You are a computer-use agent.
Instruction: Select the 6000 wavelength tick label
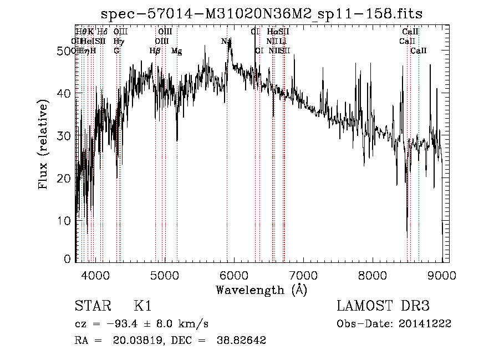[x=233, y=275]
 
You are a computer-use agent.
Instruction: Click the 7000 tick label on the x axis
[x=303, y=275]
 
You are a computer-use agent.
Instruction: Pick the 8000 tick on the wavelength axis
[x=373, y=275]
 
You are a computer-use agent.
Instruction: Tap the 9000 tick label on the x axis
[x=442, y=275]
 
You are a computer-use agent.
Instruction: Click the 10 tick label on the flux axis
[x=64, y=221]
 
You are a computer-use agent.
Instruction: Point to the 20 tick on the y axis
[x=64, y=178]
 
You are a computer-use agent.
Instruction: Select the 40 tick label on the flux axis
[x=64, y=93]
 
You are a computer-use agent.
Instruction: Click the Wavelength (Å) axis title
[x=261, y=290]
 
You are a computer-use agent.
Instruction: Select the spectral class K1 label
[x=142, y=307]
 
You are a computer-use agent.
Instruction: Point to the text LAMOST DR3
[x=383, y=307]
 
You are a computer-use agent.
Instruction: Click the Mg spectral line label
[x=177, y=51]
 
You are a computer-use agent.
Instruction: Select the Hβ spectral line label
[x=155, y=51]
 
